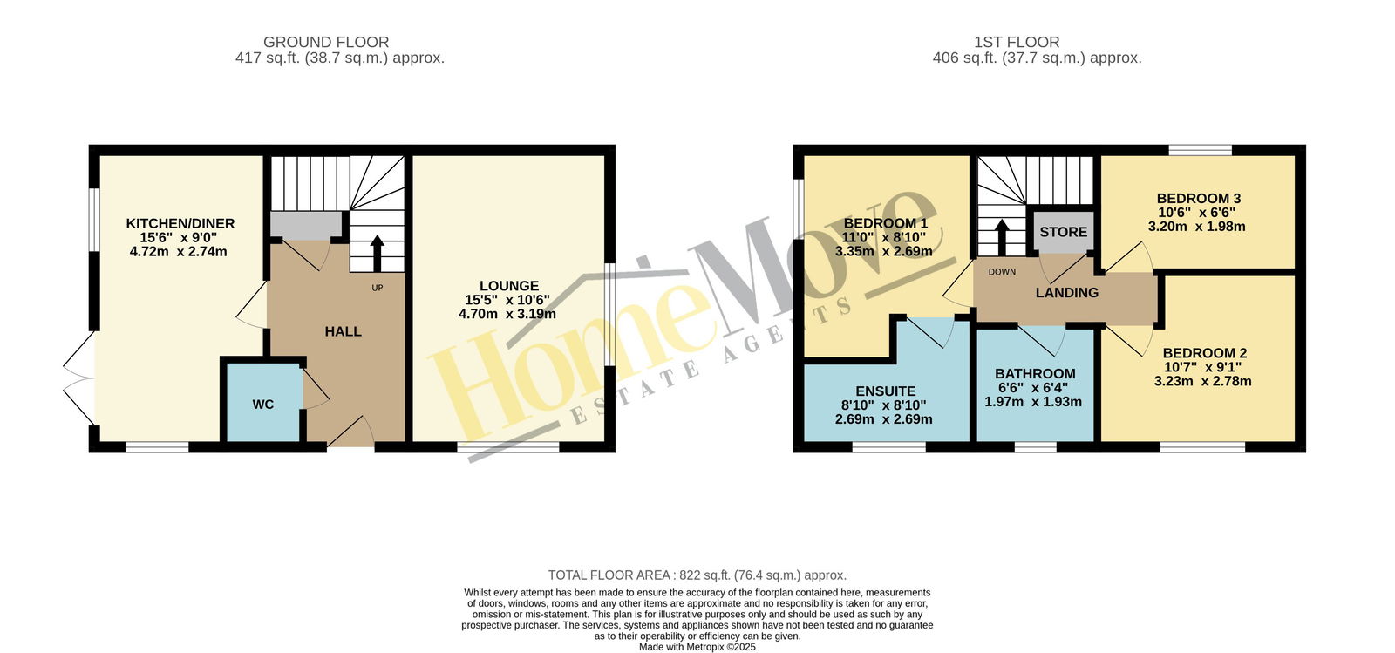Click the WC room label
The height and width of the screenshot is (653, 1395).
pos(262,405)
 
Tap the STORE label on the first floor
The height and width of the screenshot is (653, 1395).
pos(1063,232)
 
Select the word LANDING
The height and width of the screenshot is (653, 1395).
pos(1067,293)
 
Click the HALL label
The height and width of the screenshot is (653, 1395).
pos(344,332)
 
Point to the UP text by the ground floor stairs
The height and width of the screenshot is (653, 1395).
pos(378,288)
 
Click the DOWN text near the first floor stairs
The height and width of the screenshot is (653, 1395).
pos(1002,272)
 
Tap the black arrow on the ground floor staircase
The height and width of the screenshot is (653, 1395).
pos(377,253)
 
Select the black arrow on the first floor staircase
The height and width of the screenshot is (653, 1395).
pos(1002,237)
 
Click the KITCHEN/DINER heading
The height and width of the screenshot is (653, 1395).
pos(180,223)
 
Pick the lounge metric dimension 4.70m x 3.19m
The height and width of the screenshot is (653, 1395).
pos(507,315)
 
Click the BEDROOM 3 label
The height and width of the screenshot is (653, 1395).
pos(1199,199)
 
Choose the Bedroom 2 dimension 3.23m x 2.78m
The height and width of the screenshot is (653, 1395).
pos(1202,382)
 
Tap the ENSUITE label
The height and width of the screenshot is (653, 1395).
pos(886,391)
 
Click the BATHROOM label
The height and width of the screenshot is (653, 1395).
pos(1035,374)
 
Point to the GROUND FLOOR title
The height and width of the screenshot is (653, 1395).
pos(326,43)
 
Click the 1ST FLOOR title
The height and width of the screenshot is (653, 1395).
pos(1017,43)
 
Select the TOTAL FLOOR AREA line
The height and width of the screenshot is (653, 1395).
pos(697,575)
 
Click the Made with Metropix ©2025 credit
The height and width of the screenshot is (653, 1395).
pos(697,648)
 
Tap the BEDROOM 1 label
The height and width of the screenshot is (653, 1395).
pos(886,223)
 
